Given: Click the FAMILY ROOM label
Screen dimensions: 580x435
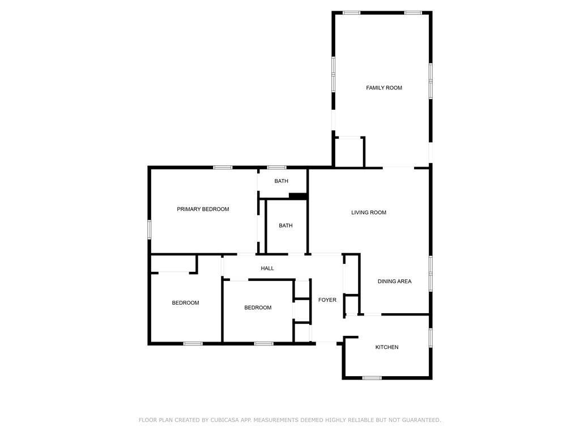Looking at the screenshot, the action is point(384,88).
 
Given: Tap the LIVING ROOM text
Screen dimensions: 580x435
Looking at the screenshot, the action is point(369,212).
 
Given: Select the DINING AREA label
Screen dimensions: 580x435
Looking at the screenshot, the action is point(394,281).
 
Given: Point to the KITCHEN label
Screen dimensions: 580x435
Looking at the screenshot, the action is point(387,347).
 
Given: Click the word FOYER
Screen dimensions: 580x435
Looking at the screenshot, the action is point(327,300).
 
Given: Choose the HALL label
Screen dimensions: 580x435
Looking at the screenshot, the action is point(267,268).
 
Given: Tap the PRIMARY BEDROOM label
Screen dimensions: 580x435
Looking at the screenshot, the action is point(203,209).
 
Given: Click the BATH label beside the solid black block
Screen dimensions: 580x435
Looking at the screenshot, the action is point(281,181).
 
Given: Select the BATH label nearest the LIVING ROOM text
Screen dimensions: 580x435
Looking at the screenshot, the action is point(285,225).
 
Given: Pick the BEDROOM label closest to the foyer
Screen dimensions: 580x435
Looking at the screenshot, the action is point(258,308).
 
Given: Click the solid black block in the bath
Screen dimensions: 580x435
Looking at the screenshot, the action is point(298,196).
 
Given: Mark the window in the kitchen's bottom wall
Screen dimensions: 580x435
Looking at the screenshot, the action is point(372,378).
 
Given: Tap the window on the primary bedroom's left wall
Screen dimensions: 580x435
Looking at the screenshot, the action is point(150,229).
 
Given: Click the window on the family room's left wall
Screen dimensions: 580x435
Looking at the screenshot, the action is point(333,74).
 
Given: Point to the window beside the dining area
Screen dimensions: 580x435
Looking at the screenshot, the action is point(430,274).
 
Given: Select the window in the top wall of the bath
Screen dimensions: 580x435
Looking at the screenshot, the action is point(276,168).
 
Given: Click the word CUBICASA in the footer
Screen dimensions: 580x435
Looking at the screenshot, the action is point(224,420).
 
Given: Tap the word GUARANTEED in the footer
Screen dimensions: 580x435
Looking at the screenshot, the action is point(421,420).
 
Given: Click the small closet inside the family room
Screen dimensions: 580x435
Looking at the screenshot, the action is point(349,152).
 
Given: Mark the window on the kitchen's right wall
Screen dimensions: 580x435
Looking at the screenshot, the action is point(430,338).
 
